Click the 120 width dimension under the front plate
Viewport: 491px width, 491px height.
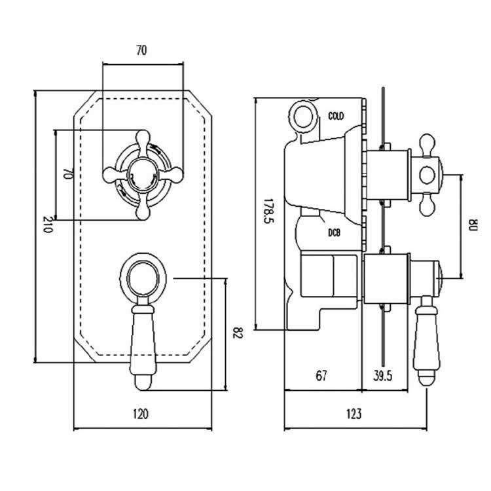tap(141, 414)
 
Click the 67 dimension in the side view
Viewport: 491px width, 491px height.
tap(321, 376)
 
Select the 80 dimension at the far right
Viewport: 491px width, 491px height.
tap(473, 226)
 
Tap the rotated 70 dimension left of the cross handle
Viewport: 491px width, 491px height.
tap(66, 174)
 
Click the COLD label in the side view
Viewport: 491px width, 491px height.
tap(336, 117)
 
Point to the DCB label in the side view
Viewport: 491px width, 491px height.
tap(334, 233)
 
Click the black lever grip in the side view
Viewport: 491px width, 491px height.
tap(426, 337)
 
